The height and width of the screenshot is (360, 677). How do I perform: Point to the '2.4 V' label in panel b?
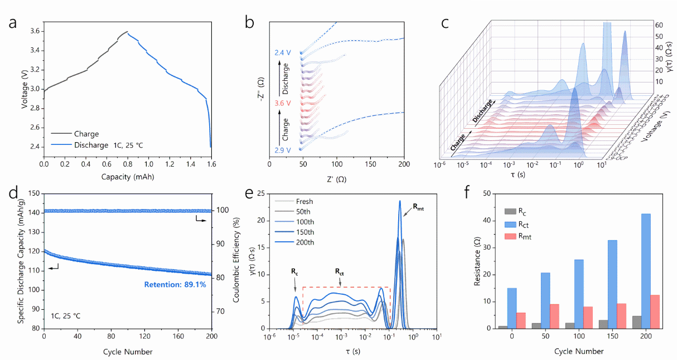coord(283,53)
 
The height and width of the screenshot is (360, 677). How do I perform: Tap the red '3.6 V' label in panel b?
coord(283,103)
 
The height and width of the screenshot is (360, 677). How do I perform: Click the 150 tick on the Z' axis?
coord(370,165)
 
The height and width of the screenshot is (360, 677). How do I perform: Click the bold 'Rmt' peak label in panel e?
coord(419,206)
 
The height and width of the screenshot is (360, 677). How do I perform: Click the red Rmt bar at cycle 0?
coord(521,320)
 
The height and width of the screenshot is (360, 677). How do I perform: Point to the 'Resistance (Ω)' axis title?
coord(477,260)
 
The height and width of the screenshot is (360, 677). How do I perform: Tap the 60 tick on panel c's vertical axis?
coord(659,26)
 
